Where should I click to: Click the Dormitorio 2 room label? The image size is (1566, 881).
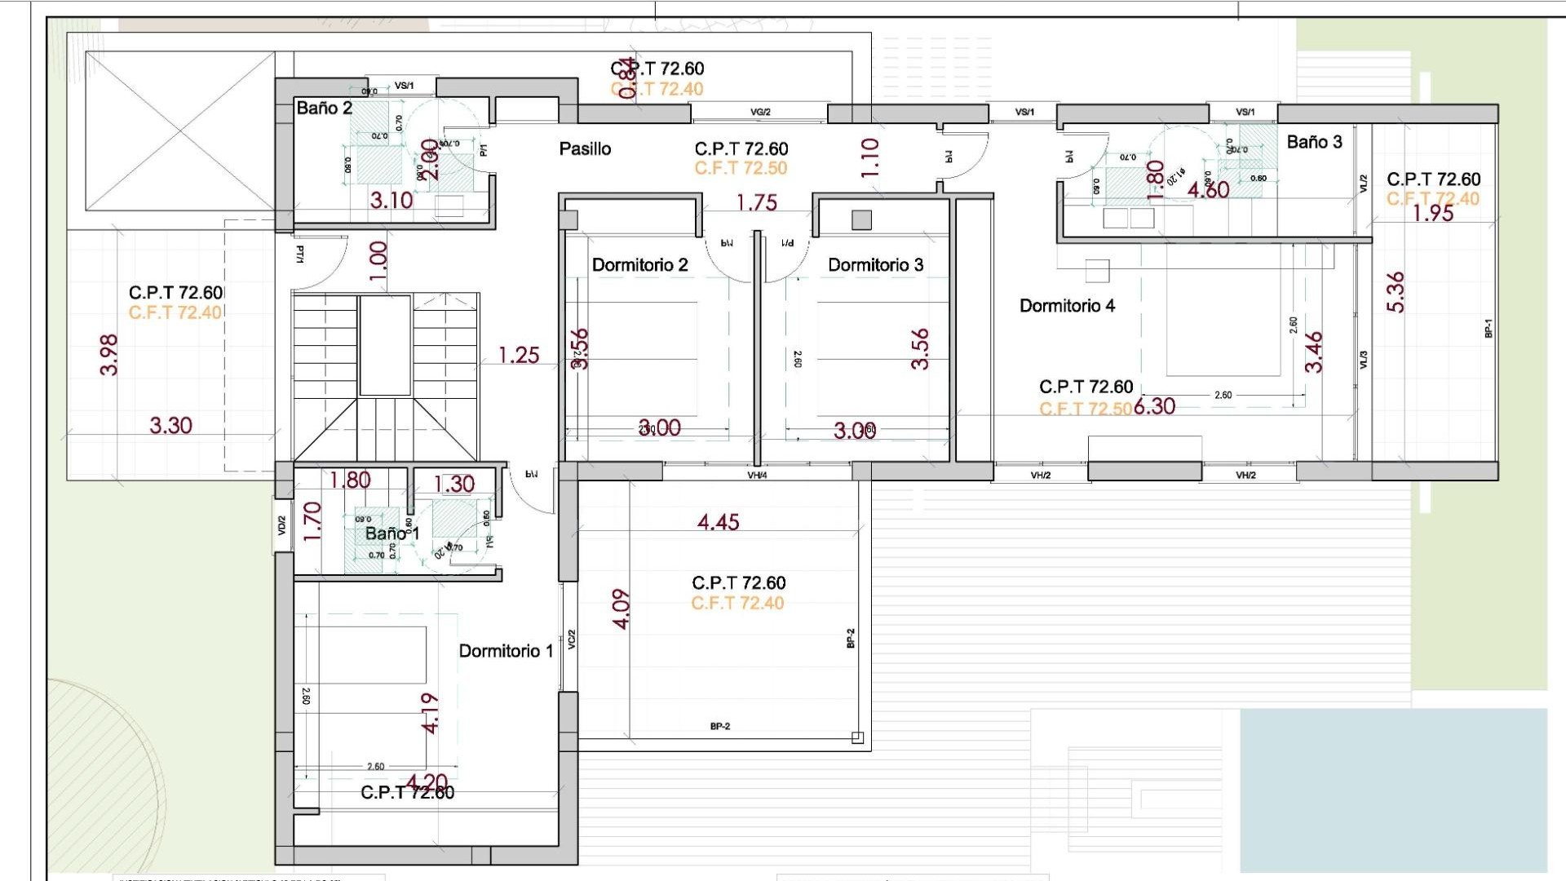point(639,265)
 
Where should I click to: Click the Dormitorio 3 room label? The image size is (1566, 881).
point(875,265)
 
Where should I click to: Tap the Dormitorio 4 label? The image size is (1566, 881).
point(1067,306)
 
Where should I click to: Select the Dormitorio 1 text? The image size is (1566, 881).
point(506,651)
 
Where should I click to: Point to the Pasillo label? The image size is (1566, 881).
point(585,149)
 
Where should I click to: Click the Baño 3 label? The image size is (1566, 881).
point(1314,142)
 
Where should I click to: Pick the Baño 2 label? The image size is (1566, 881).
point(324,108)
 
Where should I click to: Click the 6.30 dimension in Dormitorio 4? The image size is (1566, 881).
point(1155,406)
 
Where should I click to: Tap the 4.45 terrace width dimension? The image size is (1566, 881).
point(718,522)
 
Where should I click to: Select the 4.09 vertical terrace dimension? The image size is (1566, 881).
point(622,609)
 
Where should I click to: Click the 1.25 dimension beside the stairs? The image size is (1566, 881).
point(519,356)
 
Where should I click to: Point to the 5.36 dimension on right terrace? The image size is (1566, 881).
point(1396,292)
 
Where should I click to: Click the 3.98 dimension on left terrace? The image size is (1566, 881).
point(109,355)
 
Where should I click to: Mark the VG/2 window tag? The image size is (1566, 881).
point(760,113)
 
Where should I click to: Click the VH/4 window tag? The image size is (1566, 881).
point(757,475)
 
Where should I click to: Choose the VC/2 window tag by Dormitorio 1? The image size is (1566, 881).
point(572,640)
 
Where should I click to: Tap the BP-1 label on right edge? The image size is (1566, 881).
point(1488,328)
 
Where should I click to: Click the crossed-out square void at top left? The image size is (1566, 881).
point(180,131)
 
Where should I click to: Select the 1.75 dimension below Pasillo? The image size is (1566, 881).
point(756,203)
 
